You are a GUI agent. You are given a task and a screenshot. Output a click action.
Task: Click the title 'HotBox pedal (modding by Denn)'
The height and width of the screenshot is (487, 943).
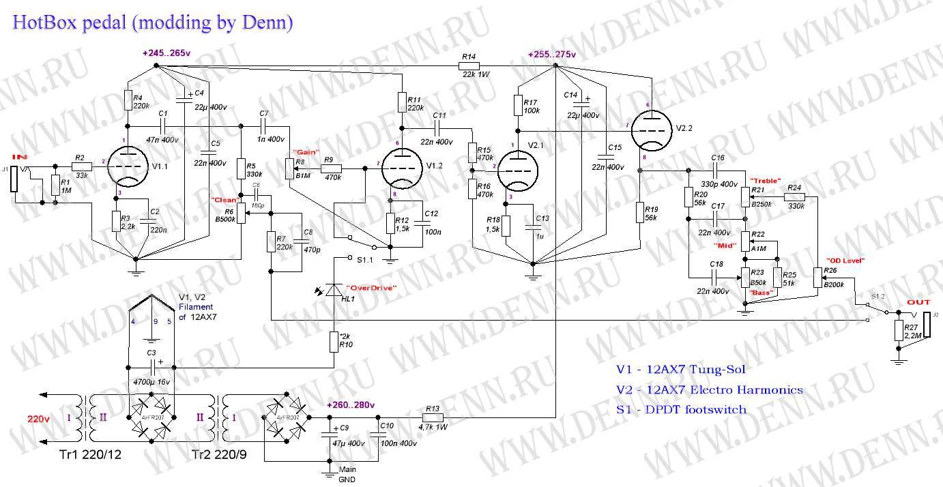[x=153, y=23]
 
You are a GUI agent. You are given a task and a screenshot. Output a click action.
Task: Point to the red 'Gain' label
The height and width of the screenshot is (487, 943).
[x=305, y=151]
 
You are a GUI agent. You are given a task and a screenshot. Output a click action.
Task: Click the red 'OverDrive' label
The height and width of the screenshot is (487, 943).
[x=371, y=288]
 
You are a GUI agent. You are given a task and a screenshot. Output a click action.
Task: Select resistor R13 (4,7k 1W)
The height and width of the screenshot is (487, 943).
[x=433, y=417]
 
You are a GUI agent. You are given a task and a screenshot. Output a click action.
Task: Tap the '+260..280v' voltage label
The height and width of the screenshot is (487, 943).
[x=350, y=404]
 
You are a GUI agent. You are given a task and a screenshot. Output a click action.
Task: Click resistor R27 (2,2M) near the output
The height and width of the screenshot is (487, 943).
[x=900, y=331]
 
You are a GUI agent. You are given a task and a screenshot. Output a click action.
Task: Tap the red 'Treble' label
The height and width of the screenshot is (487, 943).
[x=766, y=180]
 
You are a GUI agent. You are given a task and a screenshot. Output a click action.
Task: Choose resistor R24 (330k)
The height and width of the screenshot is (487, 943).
[x=794, y=196]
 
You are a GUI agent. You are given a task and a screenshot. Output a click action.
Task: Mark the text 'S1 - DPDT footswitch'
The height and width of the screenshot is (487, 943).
[x=681, y=410]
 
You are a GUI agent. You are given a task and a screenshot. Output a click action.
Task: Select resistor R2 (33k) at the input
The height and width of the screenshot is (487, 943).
[x=81, y=166]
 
